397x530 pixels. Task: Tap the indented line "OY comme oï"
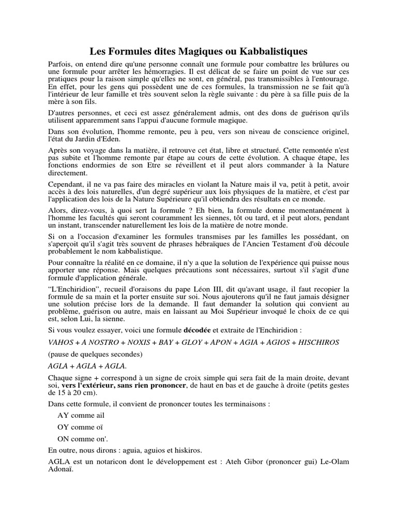click(81, 427)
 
